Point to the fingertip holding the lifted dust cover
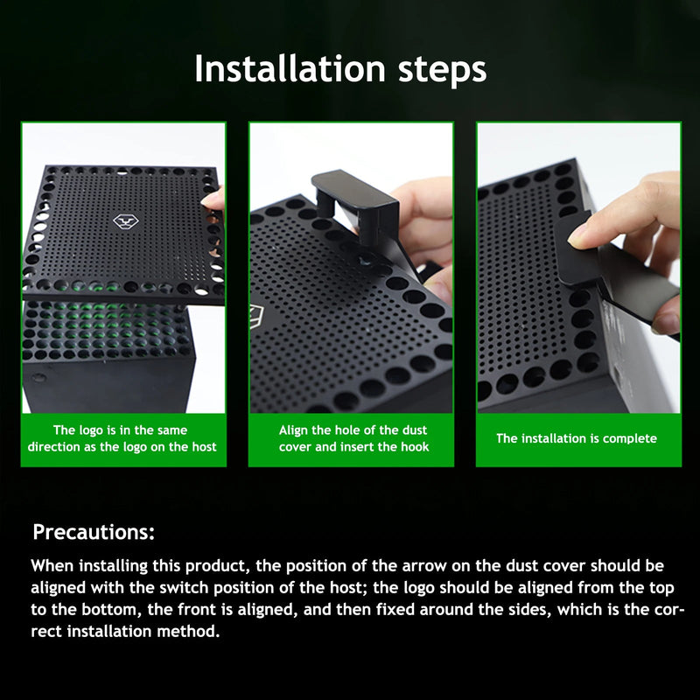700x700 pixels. [x=213, y=201]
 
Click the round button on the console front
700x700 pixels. [x=38, y=379]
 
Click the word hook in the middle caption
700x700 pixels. [x=416, y=447]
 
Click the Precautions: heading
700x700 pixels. [x=94, y=532]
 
